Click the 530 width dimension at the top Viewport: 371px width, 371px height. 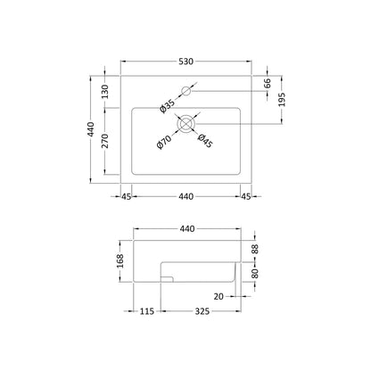click(x=185, y=62)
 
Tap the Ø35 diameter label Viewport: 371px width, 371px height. click(x=167, y=107)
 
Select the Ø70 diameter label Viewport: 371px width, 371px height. click(x=164, y=142)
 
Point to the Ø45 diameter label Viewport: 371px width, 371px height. click(x=205, y=141)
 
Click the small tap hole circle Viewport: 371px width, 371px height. click(x=186, y=91)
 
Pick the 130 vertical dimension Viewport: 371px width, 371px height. click(x=105, y=92)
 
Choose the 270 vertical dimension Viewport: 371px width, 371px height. click(x=105, y=141)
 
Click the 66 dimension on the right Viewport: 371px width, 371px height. click(x=268, y=83)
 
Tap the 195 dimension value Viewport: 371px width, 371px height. click(x=282, y=100)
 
